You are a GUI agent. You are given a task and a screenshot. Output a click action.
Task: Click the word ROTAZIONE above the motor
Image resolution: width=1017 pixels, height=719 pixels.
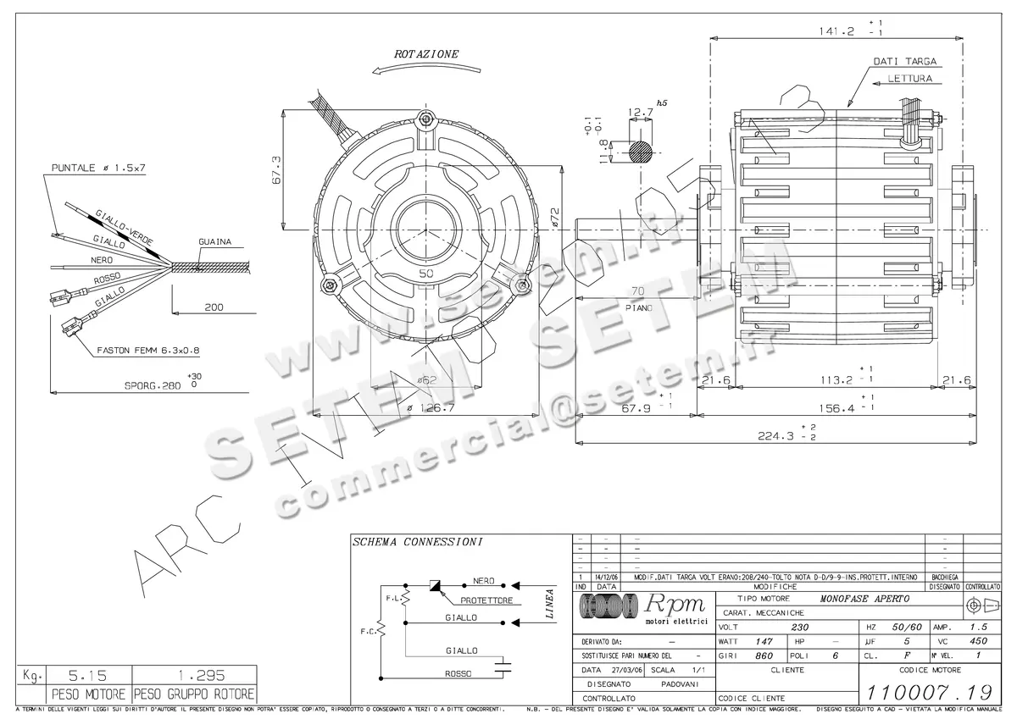pos(426,54)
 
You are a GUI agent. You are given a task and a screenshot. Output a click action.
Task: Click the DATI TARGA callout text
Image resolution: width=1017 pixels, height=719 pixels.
pos(904,62)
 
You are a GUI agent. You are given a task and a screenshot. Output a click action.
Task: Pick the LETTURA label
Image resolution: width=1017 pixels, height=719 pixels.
pos(910,79)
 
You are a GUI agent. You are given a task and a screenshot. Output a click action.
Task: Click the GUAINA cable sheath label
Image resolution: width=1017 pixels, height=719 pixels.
pos(214,241)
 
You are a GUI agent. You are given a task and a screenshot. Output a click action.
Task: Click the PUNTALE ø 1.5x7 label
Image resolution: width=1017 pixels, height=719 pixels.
pos(98,168)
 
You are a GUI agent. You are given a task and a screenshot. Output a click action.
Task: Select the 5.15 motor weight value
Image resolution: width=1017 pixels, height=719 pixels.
pos(75,677)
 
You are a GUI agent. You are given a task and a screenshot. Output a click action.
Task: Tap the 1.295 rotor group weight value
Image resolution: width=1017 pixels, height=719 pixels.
pos(192,677)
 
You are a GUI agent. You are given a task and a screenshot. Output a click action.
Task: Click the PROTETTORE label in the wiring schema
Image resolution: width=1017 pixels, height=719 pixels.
pos(486,600)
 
